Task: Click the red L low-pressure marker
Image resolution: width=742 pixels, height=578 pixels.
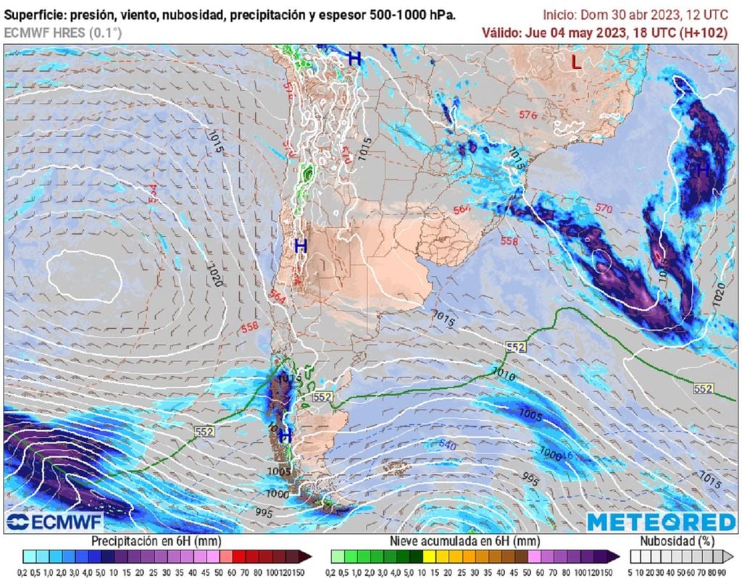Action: point(576,63)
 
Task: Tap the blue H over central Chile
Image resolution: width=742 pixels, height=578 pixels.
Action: point(301,246)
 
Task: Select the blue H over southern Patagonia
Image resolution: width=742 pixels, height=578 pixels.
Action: point(285,436)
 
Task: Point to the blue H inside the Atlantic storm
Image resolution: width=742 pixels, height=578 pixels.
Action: point(702,169)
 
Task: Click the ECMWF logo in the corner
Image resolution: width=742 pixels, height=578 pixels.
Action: point(55,522)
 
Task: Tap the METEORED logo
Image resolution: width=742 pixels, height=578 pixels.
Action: point(661,522)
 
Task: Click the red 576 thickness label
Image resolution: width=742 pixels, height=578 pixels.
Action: point(528,115)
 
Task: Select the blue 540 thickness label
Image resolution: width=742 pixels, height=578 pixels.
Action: point(447,445)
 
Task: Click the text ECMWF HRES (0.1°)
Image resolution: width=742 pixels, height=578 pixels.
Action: point(63,33)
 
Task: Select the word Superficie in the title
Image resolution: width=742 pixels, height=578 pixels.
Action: point(34,14)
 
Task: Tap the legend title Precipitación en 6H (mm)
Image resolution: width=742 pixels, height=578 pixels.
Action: point(156,541)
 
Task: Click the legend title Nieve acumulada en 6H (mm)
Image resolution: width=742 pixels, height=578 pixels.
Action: point(464,541)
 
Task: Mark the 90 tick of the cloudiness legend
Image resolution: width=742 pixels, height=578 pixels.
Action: point(722,571)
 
